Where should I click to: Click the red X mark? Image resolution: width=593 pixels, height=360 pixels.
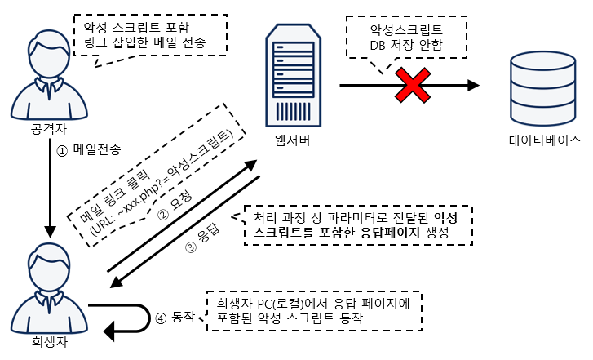(x=414, y=85)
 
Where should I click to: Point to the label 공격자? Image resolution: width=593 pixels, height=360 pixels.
(x=49, y=129)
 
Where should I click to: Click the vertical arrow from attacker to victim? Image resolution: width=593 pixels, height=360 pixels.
(x=49, y=188)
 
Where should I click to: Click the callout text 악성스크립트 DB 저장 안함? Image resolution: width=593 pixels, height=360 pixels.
(x=405, y=37)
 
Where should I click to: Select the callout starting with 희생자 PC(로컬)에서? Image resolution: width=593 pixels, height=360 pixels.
(x=318, y=310)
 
